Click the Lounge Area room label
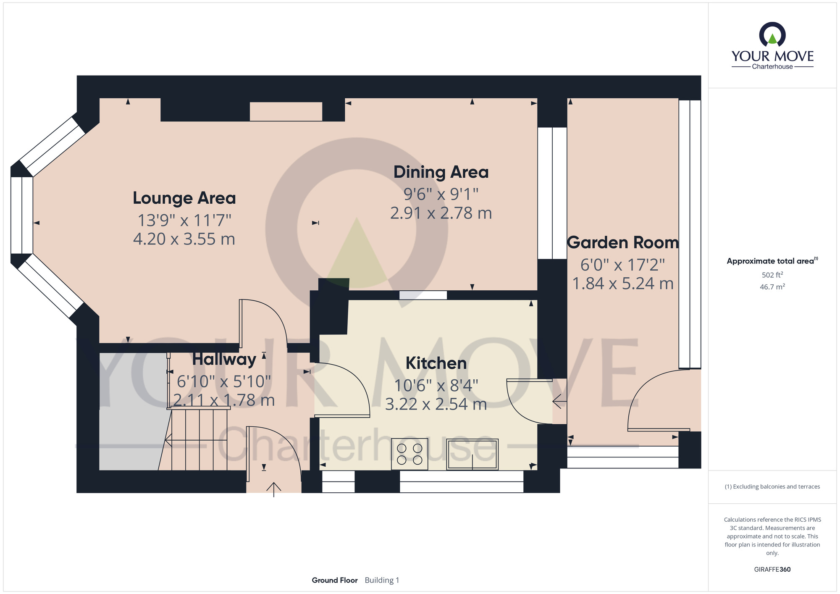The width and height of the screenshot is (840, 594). pos(184,198)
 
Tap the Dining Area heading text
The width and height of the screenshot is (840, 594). pos(441,172)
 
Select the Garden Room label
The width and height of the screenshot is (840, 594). pos(622,243)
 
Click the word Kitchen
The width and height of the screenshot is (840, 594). pos(436,363)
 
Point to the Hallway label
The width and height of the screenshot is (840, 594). pos(224,360)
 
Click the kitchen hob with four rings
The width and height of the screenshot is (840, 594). pos(409,454)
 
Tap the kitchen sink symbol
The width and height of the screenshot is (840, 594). pos(472,454)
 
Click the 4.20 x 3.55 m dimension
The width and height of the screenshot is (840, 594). pos(184,239)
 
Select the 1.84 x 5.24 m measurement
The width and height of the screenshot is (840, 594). pos(622,284)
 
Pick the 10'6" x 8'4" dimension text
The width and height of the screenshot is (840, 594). pos(436,385)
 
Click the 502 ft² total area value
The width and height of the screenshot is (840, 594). pos(772,275)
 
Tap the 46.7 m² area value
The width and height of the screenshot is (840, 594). pos(772,287)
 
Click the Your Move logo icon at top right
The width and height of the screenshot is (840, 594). pos(772,35)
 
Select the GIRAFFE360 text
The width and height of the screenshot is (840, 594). pos(772,570)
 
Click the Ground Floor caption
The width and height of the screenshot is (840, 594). pos(335,580)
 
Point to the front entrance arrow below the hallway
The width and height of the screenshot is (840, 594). pos(274,489)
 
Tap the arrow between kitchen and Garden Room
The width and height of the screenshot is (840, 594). pos(559,402)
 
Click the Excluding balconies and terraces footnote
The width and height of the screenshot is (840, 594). pos(772,487)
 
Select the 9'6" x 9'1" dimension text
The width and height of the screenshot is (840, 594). pos(441,194)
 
